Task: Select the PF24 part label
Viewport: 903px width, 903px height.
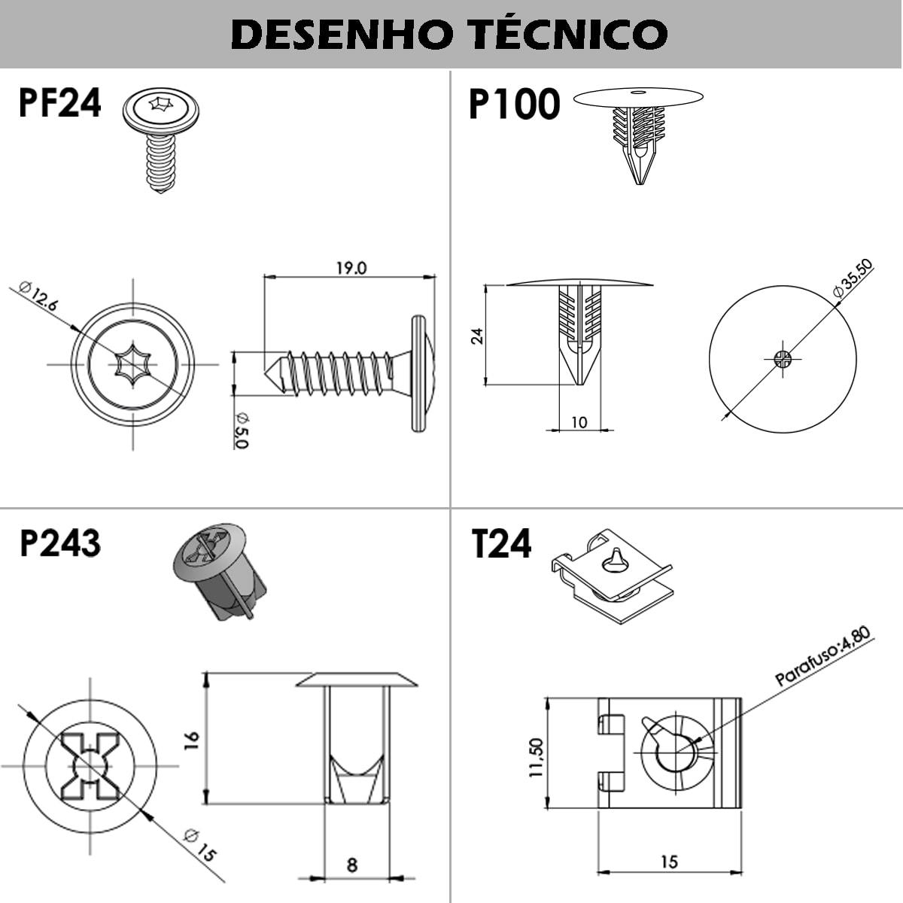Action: click(59, 103)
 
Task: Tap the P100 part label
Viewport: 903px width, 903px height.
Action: click(514, 104)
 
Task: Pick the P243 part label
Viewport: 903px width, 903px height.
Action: click(60, 543)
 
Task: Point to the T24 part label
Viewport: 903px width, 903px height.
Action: click(501, 543)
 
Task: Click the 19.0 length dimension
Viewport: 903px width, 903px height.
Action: click(351, 268)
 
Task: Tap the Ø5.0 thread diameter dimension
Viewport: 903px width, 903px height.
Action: click(241, 431)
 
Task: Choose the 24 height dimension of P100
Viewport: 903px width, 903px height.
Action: click(477, 335)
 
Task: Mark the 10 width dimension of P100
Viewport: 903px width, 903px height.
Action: click(579, 422)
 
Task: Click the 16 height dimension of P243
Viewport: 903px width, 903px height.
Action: click(192, 737)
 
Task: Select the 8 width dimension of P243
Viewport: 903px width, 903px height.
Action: click(352, 865)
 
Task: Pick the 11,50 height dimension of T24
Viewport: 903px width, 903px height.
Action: click(536, 757)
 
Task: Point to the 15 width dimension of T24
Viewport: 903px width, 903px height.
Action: click(669, 862)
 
